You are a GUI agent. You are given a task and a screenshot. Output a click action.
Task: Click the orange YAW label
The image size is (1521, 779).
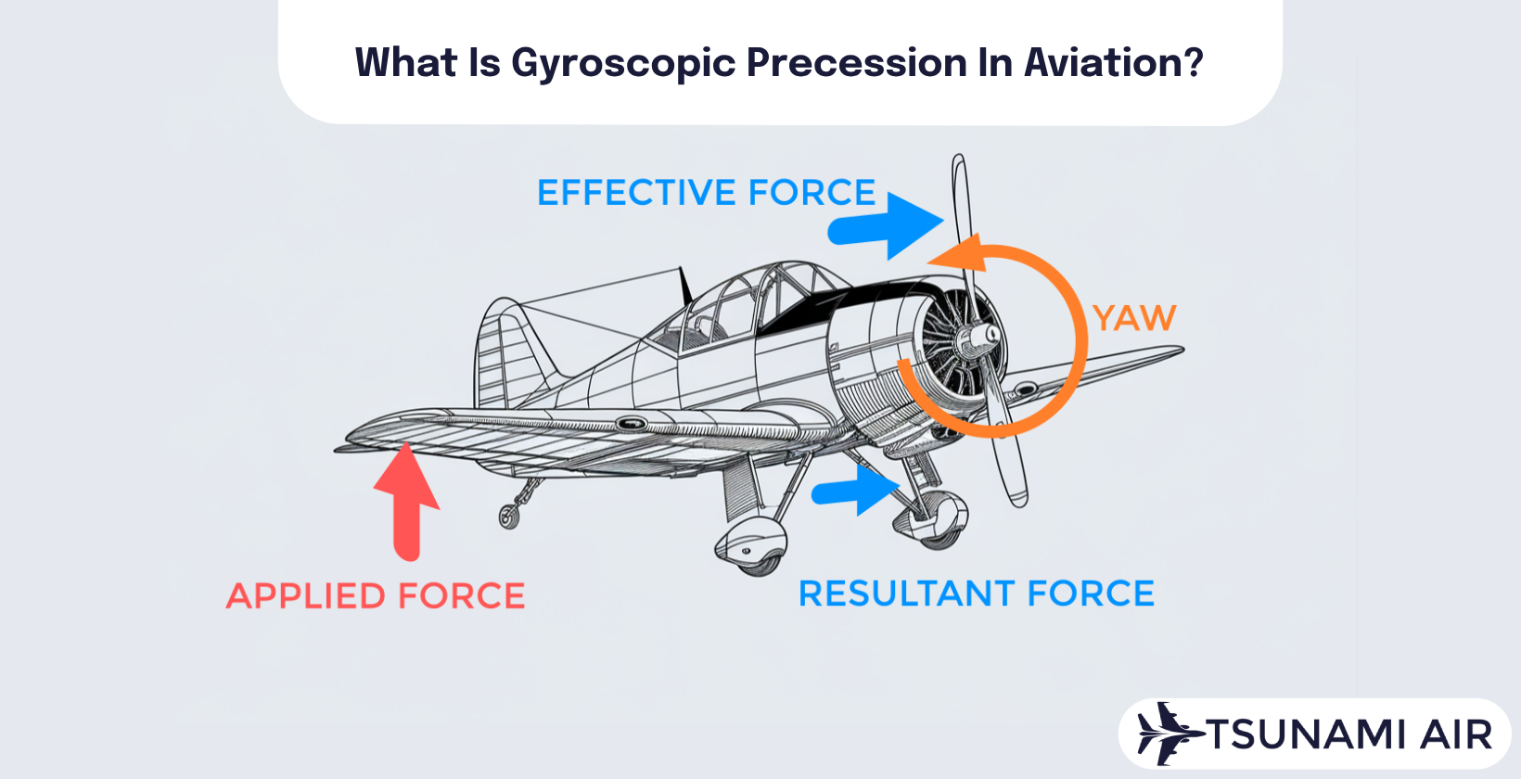[1133, 318]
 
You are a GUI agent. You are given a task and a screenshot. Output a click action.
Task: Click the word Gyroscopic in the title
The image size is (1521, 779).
[623, 63]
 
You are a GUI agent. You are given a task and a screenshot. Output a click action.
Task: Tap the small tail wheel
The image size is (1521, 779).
[508, 516]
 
